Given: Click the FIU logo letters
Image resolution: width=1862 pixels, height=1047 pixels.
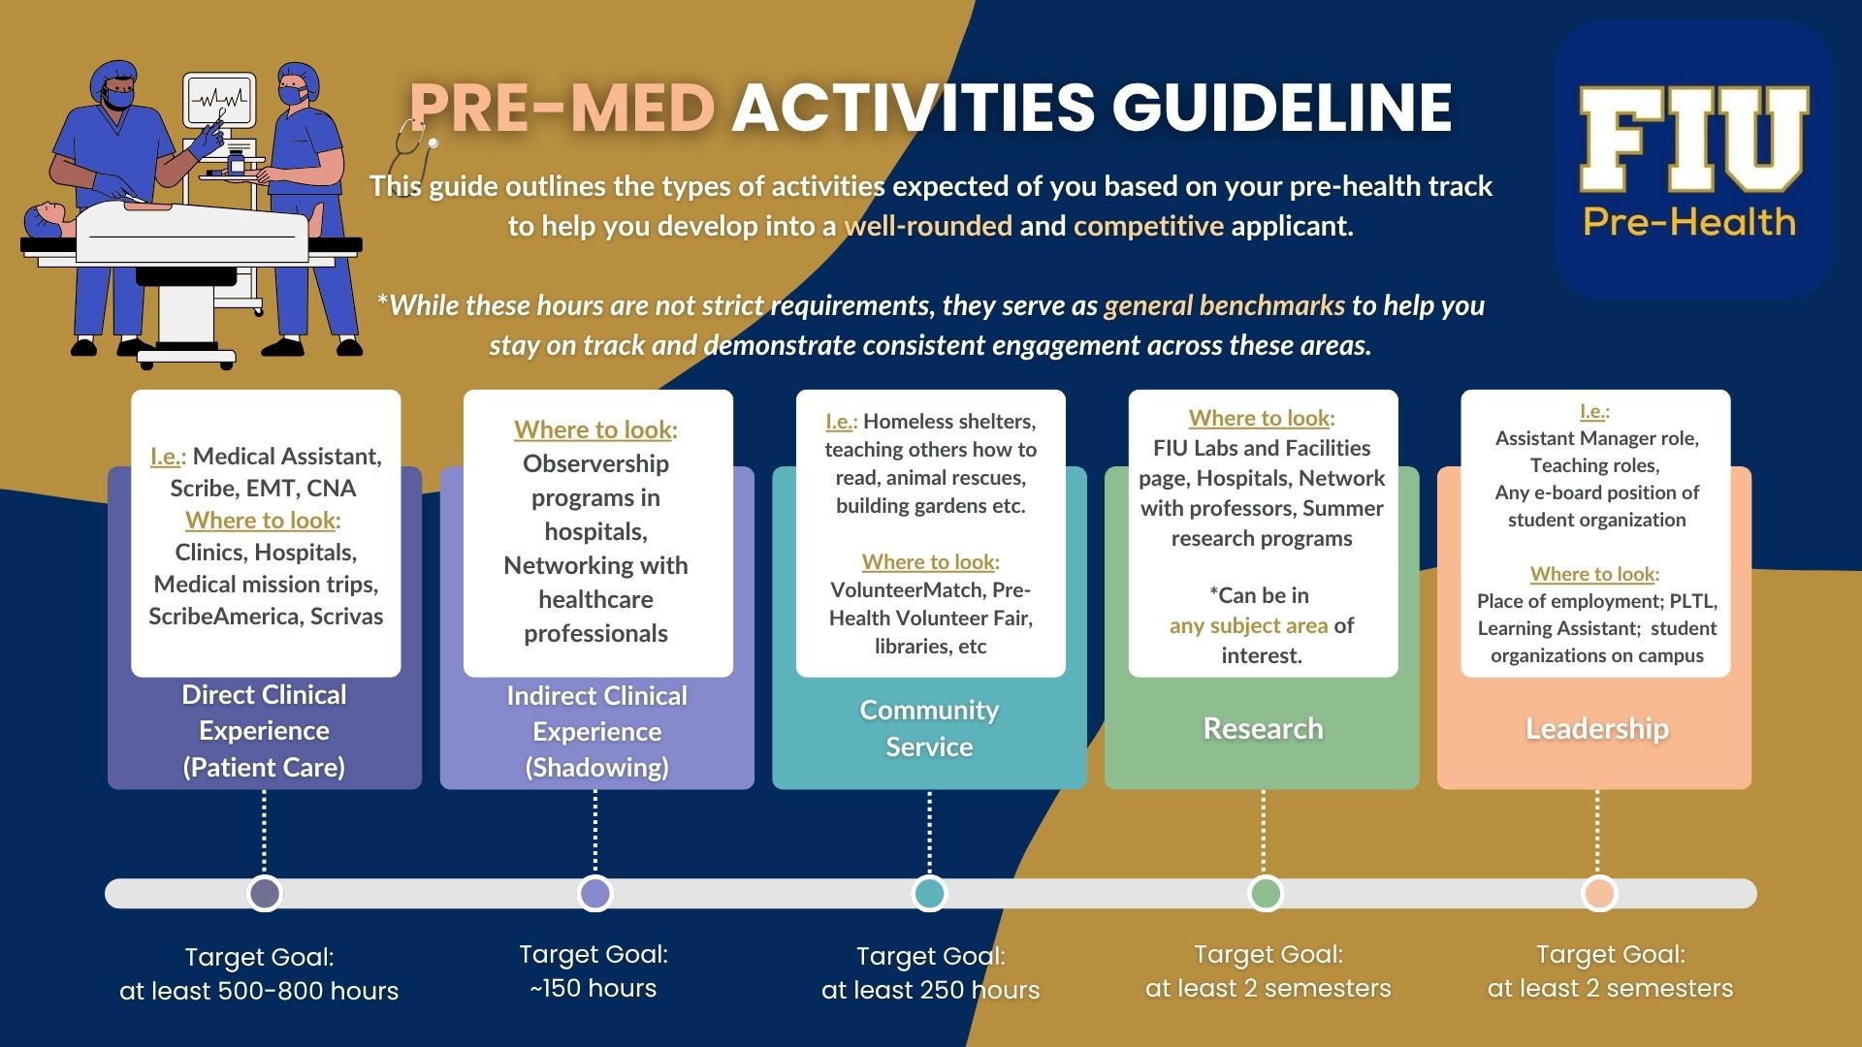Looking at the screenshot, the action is click(1693, 138).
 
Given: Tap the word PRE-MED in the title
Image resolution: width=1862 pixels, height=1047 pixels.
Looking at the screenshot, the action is click(562, 107).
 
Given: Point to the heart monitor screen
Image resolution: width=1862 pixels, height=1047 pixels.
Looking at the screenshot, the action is click(220, 100).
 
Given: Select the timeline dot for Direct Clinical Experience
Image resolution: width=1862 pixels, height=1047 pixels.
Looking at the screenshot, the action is click(265, 893).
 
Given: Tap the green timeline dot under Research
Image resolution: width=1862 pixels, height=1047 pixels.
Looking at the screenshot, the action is click(1265, 893).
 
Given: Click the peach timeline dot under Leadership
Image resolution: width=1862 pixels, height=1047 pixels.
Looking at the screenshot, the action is click(1598, 893).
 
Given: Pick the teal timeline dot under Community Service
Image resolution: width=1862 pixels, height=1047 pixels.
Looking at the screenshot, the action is click(929, 893).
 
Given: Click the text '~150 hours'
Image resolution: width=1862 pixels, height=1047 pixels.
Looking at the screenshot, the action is click(594, 988).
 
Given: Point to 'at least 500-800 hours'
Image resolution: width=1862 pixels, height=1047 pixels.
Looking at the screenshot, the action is click(259, 991).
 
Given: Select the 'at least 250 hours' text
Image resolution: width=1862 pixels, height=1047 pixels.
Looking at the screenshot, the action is click(930, 990).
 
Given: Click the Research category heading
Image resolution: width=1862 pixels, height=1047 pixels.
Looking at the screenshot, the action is click(1263, 728).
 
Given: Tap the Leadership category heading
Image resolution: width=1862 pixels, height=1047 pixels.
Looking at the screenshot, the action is click(1597, 728).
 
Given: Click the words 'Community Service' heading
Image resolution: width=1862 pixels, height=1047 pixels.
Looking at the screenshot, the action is click(929, 728).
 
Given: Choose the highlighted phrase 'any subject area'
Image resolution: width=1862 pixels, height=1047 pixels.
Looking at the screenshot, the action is click(1248, 625).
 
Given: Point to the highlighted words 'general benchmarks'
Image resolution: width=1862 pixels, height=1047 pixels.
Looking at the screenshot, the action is click(1224, 305).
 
